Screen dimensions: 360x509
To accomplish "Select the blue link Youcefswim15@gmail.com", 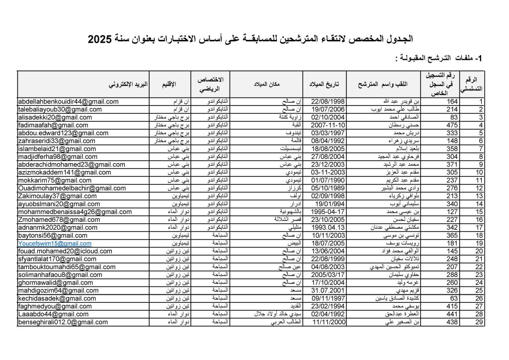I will (55, 244).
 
